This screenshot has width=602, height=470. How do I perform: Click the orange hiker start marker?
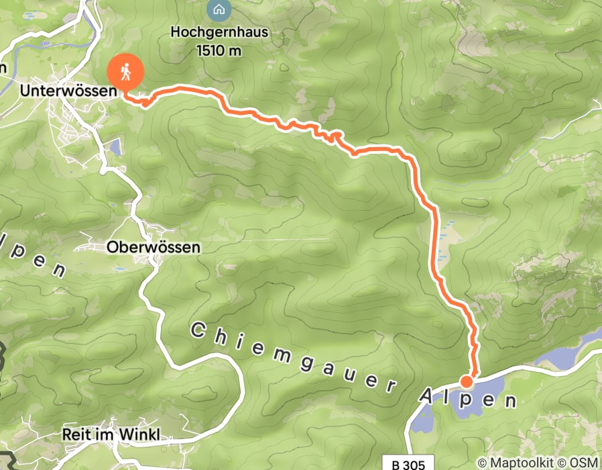pos(125,71)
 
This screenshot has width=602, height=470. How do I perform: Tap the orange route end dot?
pos(467,382)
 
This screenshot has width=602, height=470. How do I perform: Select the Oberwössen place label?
pos(153,248)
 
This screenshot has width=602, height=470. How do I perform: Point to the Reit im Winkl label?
pos(111,434)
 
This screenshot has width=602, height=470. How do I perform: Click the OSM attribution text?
pos(584,463)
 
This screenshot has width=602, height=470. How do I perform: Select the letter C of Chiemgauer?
pos(197,330)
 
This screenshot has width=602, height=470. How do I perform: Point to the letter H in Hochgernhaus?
pos(176,32)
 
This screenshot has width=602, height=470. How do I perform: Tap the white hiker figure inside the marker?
pos(125,70)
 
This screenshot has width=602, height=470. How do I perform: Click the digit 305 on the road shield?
pos(412,463)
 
